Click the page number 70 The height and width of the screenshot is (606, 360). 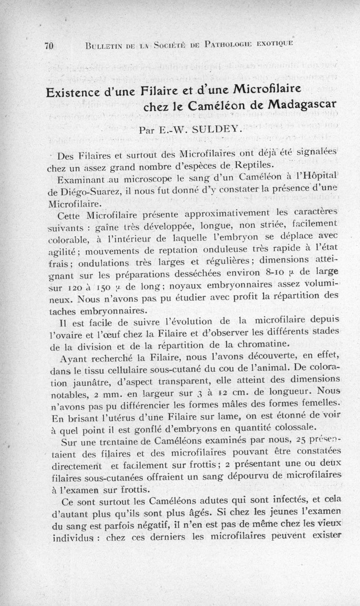(49, 45)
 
